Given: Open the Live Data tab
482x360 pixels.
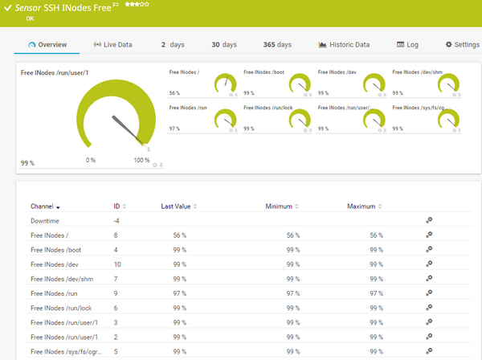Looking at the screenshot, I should pyautogui.click(x=113, y=45).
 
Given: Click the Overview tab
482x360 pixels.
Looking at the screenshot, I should pyautogui.click(x=47, y=45).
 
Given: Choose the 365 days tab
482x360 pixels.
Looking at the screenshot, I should pyautogui.click(x=277, y=45).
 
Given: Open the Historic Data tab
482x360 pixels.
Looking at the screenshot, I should pyautogui.click(x=345, y=45).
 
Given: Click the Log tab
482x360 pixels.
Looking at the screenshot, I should pyautogui.click(x=407, y=45).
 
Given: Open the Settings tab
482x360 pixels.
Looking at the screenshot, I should pyautogui.click(x=463, y=45).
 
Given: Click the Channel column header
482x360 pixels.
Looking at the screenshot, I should pyautogui.click(x=43, y=207).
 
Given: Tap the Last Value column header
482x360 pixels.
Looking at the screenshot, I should pyautogui.click(x=176, y=207).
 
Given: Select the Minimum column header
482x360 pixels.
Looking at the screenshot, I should pyautogui.click(x=279, y=207).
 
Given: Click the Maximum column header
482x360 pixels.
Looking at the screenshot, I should pyautogui.click(x=361, y=207).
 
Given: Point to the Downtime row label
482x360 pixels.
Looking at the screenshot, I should pyautogui.click(x=44, y=220).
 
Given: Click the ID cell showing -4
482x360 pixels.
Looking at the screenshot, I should pyautogui.click(x=116, y=220).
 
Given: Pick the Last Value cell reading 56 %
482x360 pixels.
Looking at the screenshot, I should pyautogui.click(x=179, y=235).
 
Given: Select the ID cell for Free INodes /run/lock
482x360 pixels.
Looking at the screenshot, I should pyautogui.click(x=116, y=308).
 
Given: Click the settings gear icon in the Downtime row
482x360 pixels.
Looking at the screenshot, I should pyautogui.click(x=429, y=220).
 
